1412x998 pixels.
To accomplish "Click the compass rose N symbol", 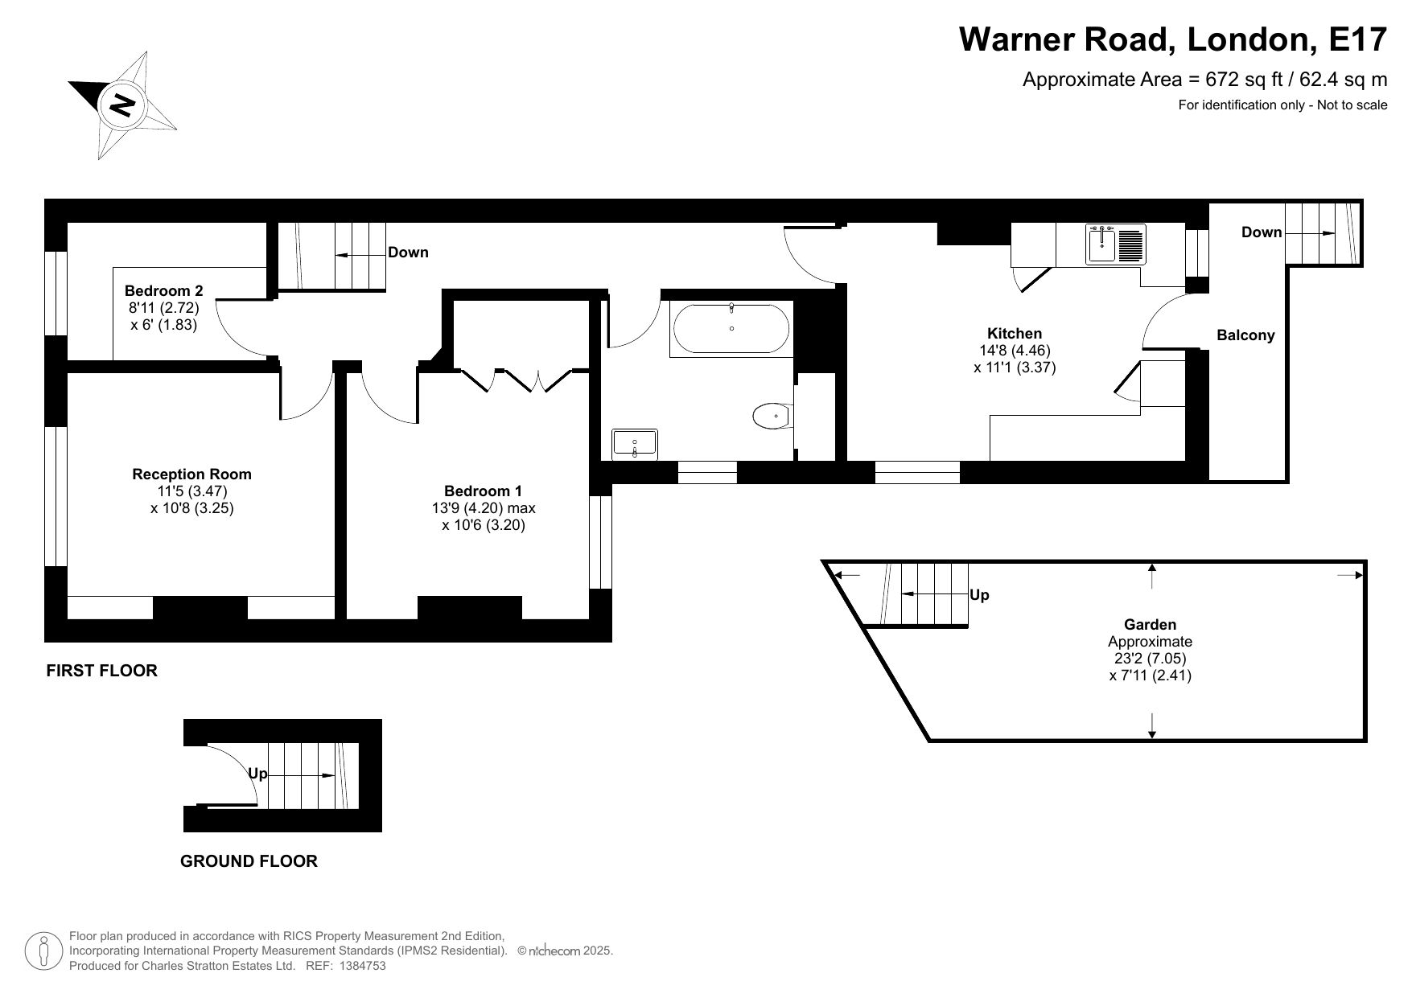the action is tap(123, 105).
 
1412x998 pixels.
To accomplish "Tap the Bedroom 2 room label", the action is tap(164, 291).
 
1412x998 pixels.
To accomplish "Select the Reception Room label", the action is tap(192, 474).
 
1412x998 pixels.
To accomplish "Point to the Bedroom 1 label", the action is tap(483, 491).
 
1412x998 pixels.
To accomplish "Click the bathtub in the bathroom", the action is tap(731, 329).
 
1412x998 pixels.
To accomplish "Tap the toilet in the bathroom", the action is tap(773, 417).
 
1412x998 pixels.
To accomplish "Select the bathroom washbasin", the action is tap(635, 444).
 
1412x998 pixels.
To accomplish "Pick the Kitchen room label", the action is tap(1015, 334).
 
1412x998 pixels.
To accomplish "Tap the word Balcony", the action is tap(1245, 335).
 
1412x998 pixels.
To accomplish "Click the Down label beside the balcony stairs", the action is tap(1262, 232).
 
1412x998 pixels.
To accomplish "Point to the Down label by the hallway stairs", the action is tap(408, 253).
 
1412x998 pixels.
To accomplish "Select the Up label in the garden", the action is tap(980, 595).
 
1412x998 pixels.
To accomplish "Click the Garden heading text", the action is tap(1150, 625).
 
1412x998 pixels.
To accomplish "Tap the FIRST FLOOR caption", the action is tap(102, 671).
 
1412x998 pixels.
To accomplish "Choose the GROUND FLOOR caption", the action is tap(249, 861).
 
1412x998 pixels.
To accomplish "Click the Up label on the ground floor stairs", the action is tap(257, 774).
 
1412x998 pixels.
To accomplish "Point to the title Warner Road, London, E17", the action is tap(1173, 39).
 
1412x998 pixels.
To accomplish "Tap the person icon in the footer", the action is tap(44, 951).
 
